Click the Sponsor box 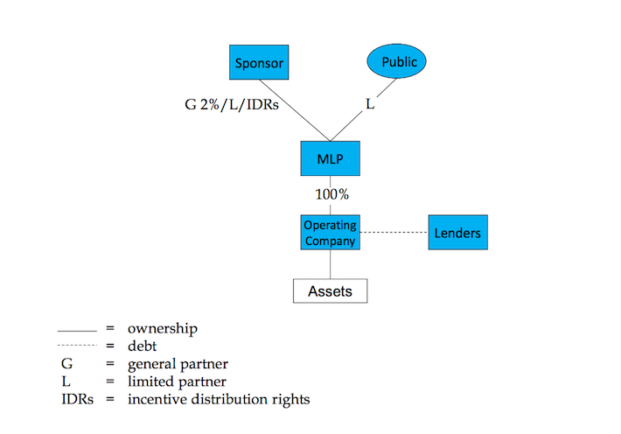pos(260,63)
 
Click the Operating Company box pos(330,232)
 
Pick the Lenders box pos(457,233)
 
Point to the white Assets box pos(330,290)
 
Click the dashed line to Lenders pos(394,233)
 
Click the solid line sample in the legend pos(76,331)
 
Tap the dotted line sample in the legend pos(76,346)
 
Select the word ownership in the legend pos(162,329)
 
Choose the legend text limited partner pos(177,381)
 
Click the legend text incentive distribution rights pos(218,399)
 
